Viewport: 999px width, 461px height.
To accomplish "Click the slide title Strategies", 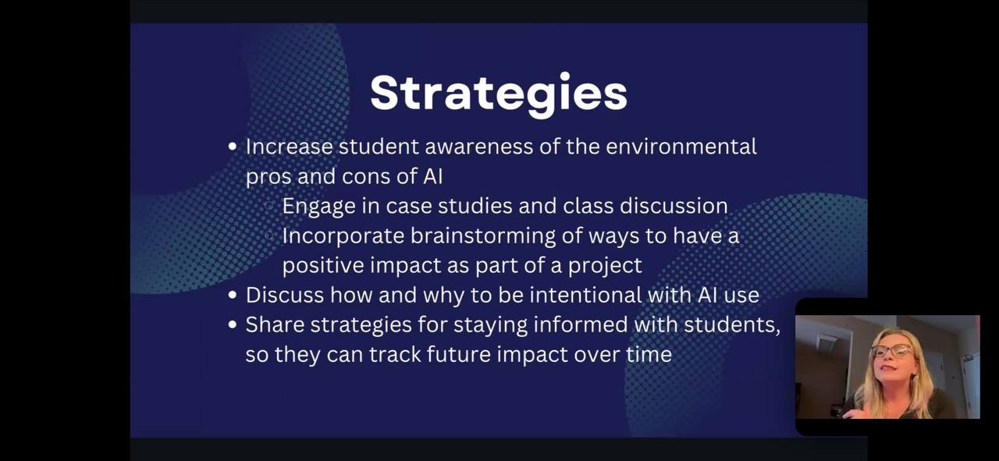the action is point(499,94).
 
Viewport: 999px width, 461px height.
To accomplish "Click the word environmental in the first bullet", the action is point(681,147).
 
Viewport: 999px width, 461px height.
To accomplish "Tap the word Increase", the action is point(289,147).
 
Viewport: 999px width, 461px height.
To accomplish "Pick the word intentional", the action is point(585,295).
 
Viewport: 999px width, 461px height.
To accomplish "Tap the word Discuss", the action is point(285,295).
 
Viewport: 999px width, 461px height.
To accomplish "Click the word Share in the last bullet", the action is point(274,324).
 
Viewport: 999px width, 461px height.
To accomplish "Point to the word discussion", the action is point(674,206).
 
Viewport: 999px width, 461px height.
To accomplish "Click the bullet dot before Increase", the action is point(232,146).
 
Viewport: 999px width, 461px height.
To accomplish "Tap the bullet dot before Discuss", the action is point(232,295).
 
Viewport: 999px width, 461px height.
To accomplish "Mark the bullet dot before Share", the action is point(232,324).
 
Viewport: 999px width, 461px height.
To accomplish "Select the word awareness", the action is point(478,147).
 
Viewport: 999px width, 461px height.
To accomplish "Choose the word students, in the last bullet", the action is point(732,325).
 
